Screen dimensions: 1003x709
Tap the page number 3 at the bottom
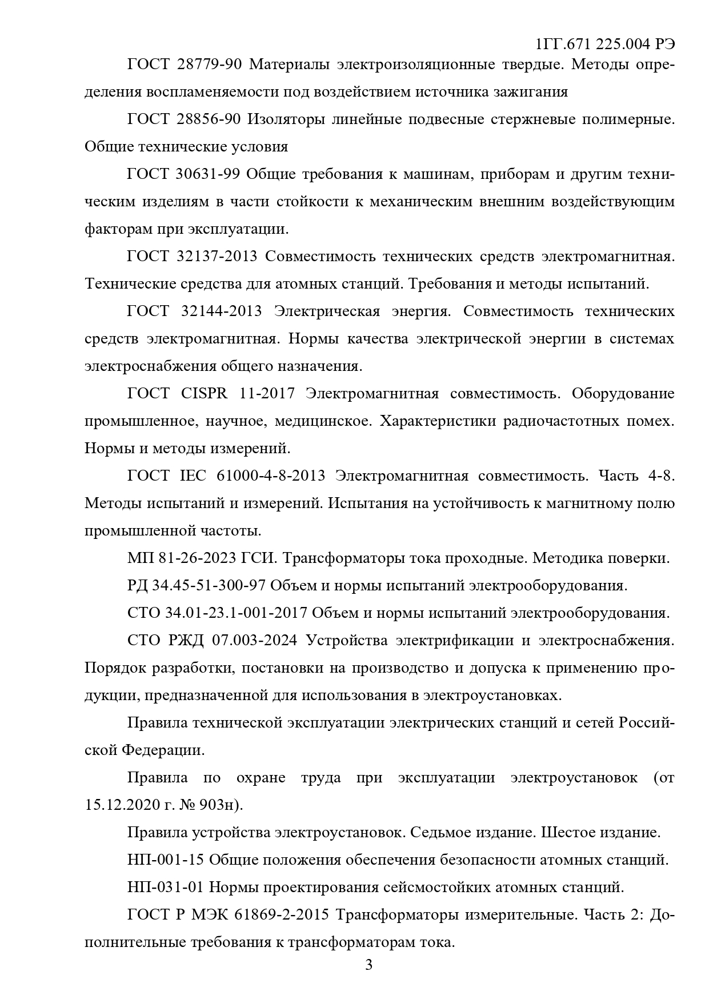click(368, 965)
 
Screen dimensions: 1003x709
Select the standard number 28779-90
click(209, 65)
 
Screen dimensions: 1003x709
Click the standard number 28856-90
click(209, 119)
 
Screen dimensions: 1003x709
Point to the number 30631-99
click(208, 174)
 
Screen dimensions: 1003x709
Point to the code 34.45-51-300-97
click(209, 586)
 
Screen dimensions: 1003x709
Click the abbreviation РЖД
click(186, 641)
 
